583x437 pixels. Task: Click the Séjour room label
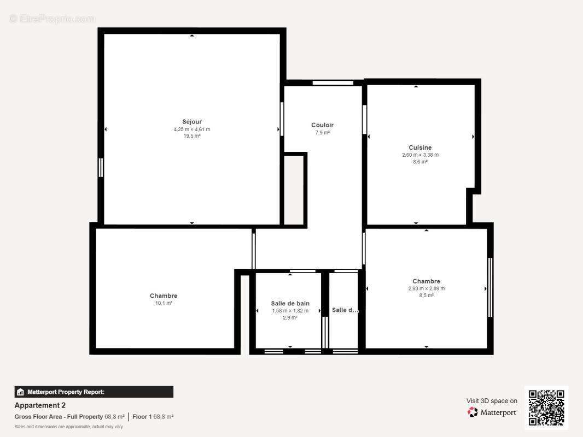[x=192, y=122]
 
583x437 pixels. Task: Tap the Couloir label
[x=322, y=125]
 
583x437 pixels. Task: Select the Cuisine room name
[x=420, y=147]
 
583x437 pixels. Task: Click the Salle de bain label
[x=290, y=303]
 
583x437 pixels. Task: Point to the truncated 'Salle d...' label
[x=345, y=310]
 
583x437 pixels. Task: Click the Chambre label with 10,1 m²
[x=164, y=296]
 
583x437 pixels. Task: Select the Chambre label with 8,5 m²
[x=426, y=281]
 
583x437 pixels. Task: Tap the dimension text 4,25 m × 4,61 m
[x=192, y=129]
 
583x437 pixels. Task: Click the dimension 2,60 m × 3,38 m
[x=420, y=155]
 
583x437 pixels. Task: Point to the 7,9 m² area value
[x=322, y=133]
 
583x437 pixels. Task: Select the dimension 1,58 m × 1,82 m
[x=290, y=311]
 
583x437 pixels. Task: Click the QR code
[x=546, y=408]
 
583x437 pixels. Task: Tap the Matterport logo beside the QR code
[x=492, y=412]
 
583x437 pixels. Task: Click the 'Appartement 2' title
[x=40, y=405]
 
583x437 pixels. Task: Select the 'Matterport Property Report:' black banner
[x=94, y=392]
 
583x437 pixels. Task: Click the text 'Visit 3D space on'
[x=492, y=401]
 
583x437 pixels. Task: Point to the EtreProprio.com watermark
[x=52, y=19]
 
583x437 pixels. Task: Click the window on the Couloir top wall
[x=333, y=83]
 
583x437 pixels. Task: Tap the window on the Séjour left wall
[x=101, y=167]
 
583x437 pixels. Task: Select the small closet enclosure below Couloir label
[x=294, y=189]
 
